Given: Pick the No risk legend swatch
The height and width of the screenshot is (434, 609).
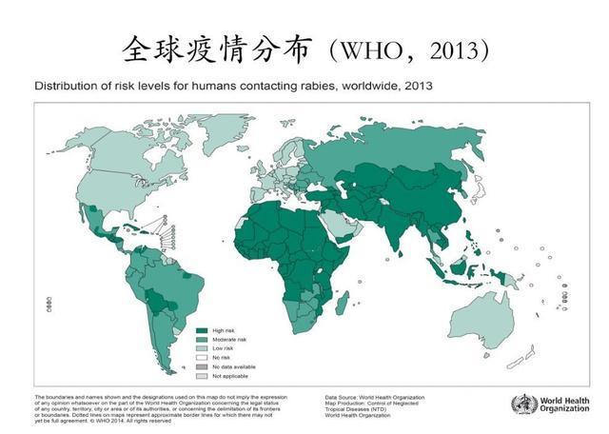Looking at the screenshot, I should click(202, 358).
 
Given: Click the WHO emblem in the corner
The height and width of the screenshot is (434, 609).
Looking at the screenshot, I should click(524, 404).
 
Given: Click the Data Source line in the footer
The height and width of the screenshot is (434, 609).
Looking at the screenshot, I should click(375, 397).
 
